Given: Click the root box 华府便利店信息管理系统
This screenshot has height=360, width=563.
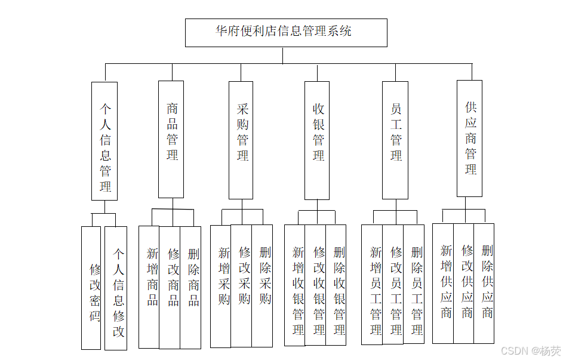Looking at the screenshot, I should [x=286, y=32].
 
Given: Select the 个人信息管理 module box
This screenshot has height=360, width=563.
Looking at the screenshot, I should [x=104, y=141].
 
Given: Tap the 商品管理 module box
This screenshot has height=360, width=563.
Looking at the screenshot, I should [x=171, y=139].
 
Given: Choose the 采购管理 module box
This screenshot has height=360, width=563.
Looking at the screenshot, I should [x=241, y=140].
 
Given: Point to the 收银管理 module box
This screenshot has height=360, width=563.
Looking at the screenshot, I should [x=317, y=140].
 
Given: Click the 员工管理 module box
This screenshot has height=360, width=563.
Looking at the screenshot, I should [x=395, y=140].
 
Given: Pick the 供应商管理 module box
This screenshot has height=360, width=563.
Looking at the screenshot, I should [x=470, y=139].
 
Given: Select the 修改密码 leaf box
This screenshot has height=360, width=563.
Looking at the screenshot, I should [x=92, y=288].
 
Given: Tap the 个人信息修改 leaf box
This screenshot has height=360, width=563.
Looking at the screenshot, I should [x=116, y=288].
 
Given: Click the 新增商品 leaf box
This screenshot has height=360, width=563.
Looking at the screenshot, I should [x=149, y=287].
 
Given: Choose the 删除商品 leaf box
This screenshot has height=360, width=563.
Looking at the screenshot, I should [x=191, y=287].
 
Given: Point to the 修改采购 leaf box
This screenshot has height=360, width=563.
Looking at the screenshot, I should [x=242, y=285].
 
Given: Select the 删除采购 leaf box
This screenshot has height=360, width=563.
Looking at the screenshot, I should [x=263, y=285].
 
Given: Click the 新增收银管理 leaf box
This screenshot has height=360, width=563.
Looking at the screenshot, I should [x=295, y=285].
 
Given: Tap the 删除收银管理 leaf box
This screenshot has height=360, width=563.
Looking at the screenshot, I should [x=336, y=285].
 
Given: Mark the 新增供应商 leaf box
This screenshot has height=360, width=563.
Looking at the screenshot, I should [x=443, y=283].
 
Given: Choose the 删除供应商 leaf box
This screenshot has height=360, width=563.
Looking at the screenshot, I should [x=484, y=283].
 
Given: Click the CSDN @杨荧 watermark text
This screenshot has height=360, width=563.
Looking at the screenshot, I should [x=530, y=351].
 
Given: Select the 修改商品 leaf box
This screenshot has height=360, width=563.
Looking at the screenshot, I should [x=170, y=287].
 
